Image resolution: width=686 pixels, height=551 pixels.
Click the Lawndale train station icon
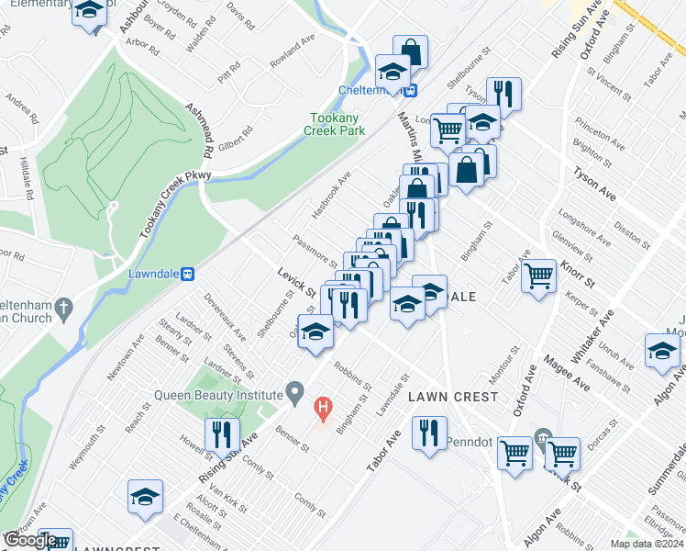click(189, 273)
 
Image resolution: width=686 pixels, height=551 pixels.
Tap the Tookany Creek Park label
click(336, 124)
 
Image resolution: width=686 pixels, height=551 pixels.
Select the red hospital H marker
click(323, 406)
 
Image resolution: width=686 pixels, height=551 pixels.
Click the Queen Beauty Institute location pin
click(294, 393)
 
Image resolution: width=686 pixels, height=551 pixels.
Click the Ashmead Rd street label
click(201, 129)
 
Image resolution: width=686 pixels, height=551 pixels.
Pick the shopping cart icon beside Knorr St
click(539, 275)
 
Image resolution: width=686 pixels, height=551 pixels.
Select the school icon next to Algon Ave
click(662, 351)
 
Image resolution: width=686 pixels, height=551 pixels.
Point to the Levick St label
click(296, 282)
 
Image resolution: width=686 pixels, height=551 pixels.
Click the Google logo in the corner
click(30, 540)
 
